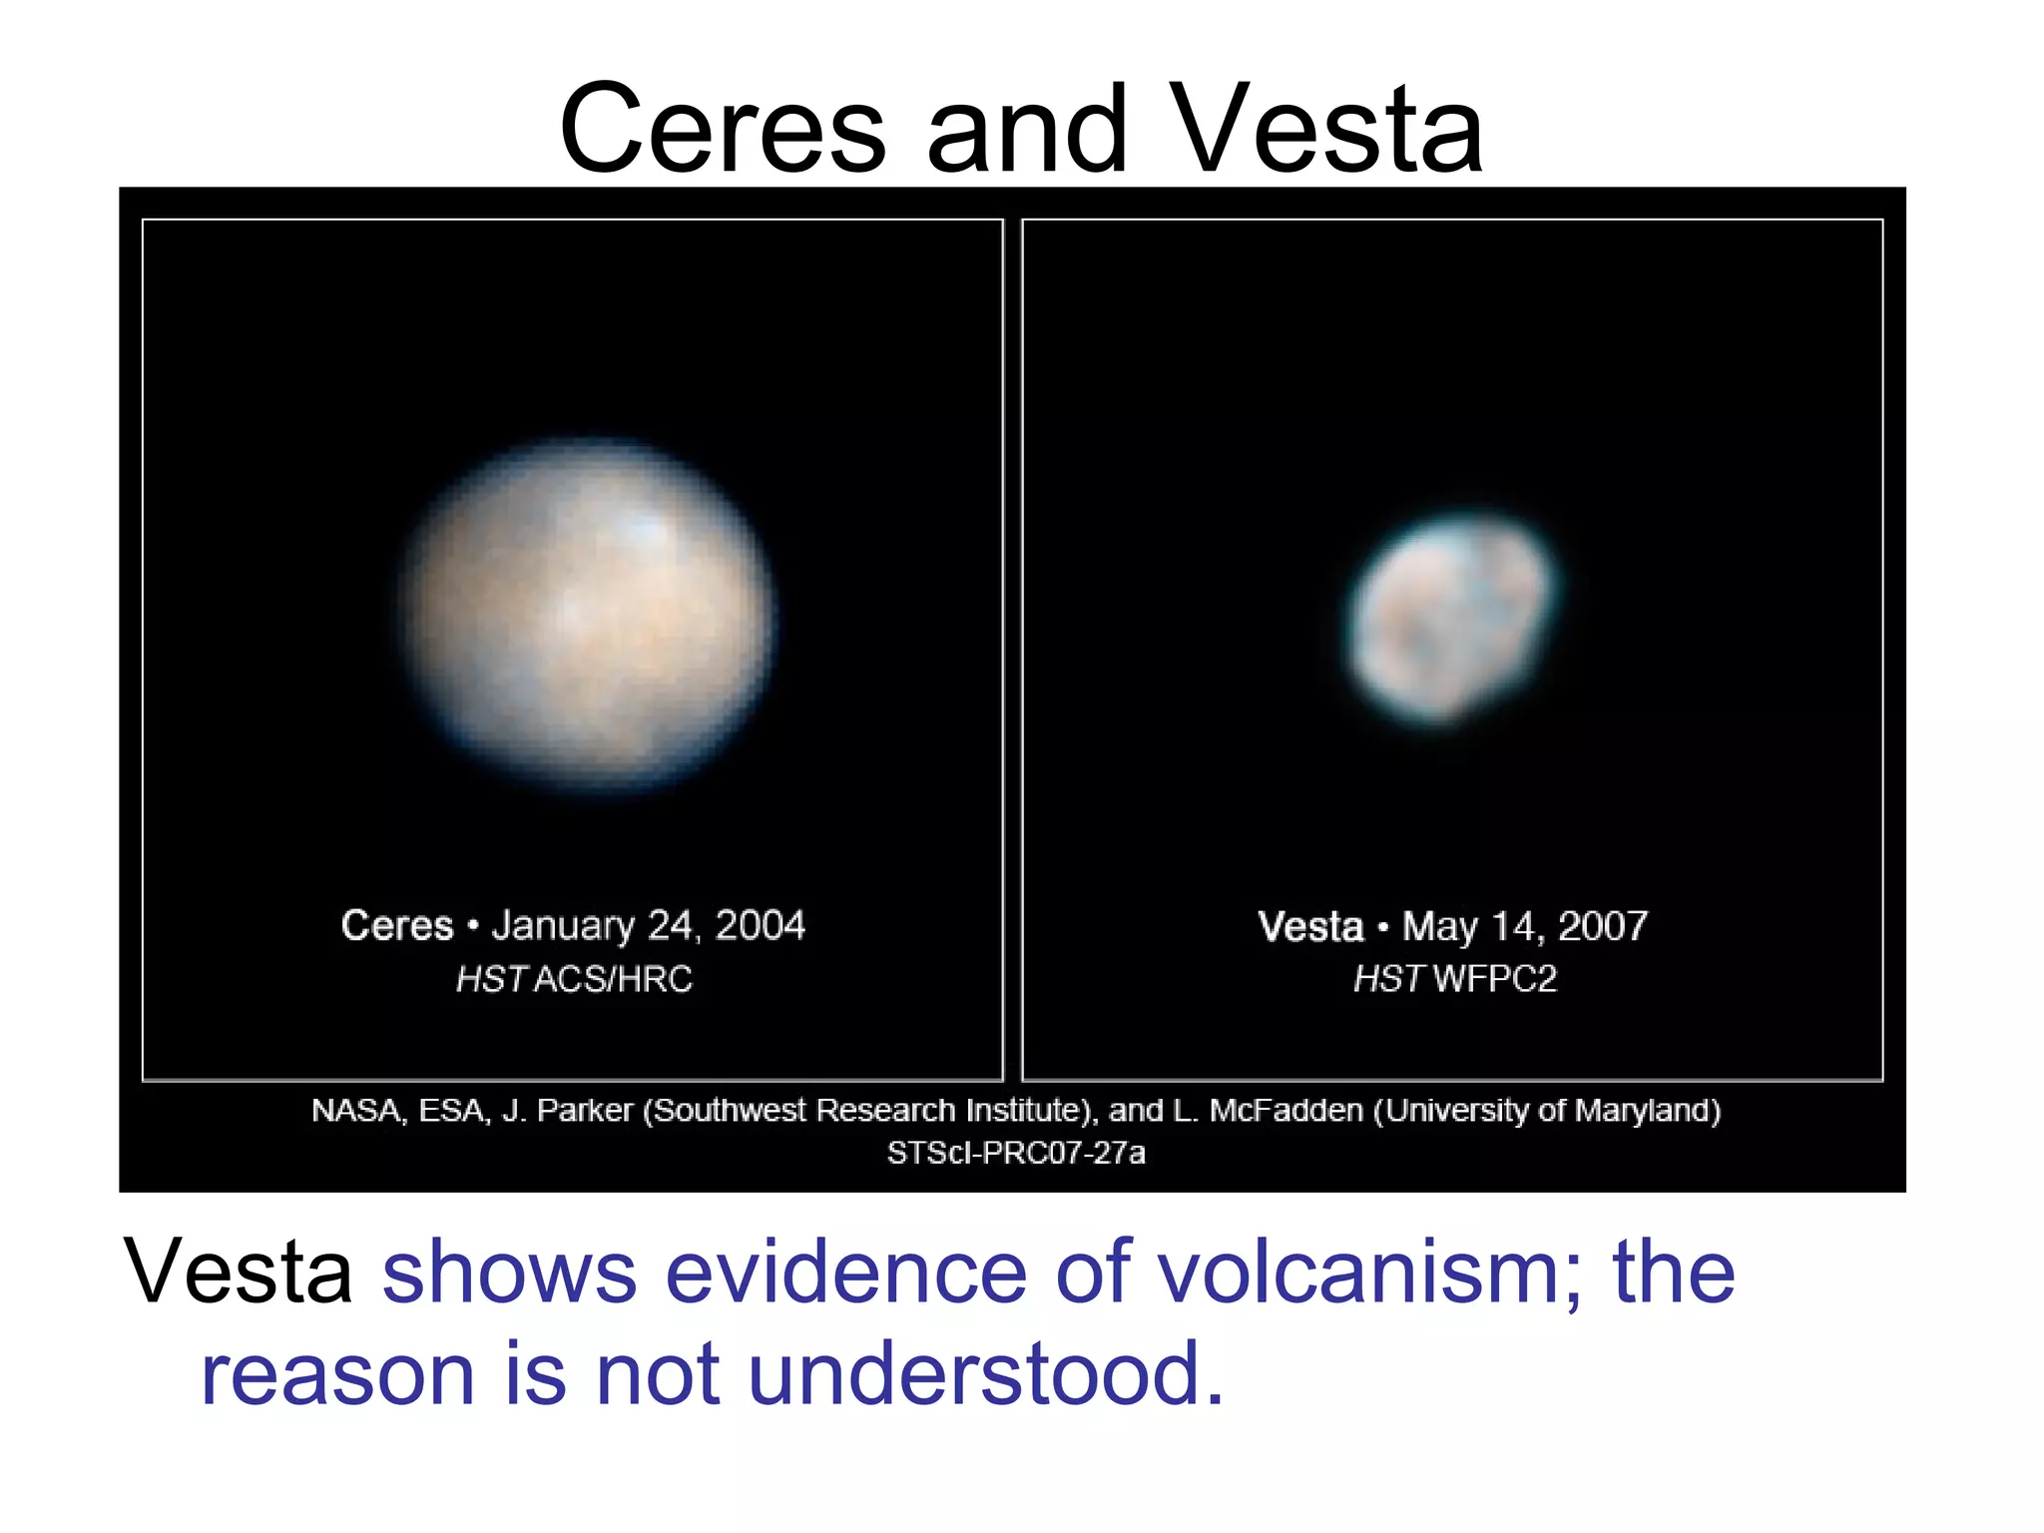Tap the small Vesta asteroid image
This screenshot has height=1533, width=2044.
[x=1449, y=616]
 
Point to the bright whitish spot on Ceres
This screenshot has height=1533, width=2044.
[x=644, y=529]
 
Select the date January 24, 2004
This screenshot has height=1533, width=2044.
[x=649, y=926]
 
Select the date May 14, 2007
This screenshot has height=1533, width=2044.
[x=1524, y=927]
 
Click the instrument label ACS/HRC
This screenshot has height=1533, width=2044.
[x=613, y=979]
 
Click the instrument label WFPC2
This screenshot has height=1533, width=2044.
[x=1494, y=979]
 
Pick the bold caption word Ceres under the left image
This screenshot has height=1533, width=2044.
[x=397, y=926]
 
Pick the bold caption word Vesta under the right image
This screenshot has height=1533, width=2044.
[x=1309, y=927]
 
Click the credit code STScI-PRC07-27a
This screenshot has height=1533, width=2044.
[x=1016, y=1154]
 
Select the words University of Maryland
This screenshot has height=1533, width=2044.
[x=1547, y=1111]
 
